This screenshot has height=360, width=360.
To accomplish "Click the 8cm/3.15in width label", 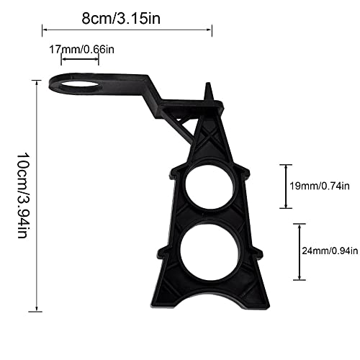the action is (x=121, y=18).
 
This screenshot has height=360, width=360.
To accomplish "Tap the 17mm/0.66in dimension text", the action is (x=81, y=50).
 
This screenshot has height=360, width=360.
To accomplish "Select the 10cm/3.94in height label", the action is (x=24, y=195).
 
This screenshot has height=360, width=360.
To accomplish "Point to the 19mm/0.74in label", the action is (x=320, y=186).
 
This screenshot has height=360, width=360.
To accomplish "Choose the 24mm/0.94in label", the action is (x=330, y=251).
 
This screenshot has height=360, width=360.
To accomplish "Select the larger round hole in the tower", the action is (x=210, y=252).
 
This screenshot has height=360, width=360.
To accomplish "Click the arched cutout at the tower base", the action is (x=210, y=299).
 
